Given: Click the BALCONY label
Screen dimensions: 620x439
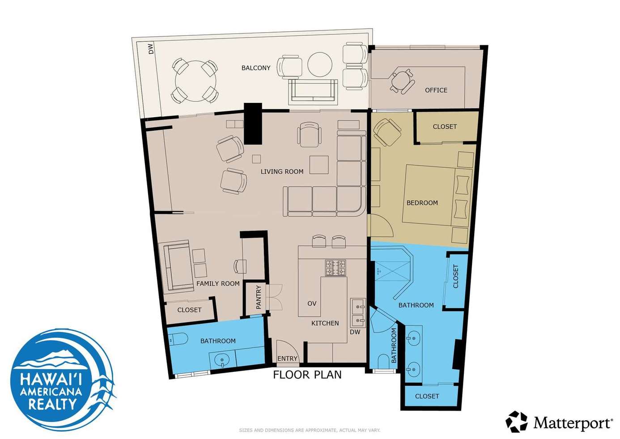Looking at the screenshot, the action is (256, 68).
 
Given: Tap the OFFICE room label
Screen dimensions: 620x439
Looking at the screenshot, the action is (436, 90).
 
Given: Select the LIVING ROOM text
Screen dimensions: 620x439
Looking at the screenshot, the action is (282, 172).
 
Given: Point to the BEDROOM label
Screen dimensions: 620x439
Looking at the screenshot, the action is (422, 203).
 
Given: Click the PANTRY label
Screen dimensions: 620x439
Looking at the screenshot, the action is (259, 297).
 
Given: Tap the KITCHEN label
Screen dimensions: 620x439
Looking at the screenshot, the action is (325, 323).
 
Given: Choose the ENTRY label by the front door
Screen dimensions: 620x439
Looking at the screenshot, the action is (287, 358).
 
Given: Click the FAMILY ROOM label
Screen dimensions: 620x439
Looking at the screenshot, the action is (218, 284).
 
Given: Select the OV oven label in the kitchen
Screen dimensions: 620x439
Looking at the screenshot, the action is (312, 303).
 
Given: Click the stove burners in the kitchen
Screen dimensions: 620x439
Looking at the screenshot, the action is (335, 268).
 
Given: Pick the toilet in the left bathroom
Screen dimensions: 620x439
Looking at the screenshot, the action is (178, 338).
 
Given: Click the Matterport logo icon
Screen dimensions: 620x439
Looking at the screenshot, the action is (517, 422).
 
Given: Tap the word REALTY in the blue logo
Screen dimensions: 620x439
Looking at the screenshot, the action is (52, 404).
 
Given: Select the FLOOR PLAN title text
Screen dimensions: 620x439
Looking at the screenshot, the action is (307, 375).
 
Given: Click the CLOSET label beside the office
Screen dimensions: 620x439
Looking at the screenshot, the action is (445, 127).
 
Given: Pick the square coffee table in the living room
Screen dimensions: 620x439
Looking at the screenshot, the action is (319, 165).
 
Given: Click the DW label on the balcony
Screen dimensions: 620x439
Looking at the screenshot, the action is (151, 49).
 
